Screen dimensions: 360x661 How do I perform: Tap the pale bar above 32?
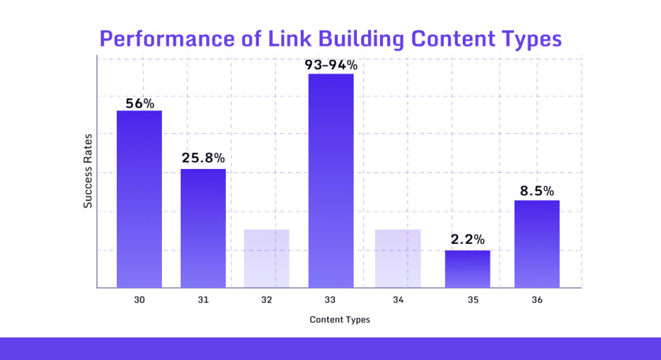tap(267, 258)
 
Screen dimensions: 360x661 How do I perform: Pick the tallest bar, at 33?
tap(331, 181)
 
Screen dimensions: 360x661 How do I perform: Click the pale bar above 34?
tap(398, 258)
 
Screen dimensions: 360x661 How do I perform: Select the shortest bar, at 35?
tap(467, 268)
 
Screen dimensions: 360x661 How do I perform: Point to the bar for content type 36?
tap(537, 243)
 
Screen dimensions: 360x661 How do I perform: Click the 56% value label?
tap(139, 102)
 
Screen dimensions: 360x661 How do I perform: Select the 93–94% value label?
tap(331, 65)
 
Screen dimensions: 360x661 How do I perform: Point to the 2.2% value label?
tap(467, 239)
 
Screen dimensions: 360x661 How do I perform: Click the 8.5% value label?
tap(537, 191)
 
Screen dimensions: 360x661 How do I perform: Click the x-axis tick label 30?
tap(139, 300)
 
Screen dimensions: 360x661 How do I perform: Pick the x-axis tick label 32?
tap(267, 300)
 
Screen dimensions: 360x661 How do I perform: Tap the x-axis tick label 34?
tap(398, 300)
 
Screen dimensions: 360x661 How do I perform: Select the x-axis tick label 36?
tap(537, 300)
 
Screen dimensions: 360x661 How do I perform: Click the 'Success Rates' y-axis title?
tap(88, 171)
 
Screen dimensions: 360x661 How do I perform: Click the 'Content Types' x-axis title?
tap(340, 320)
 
